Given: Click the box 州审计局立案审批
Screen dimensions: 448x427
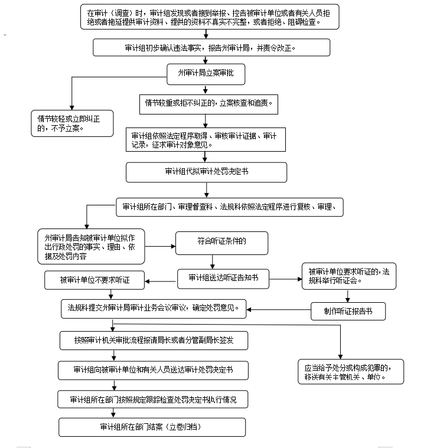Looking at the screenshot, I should click(204, 74).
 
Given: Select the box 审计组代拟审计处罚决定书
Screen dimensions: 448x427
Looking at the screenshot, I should click(206, 172).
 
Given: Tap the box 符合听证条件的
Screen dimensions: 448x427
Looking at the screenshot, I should click(221, 242).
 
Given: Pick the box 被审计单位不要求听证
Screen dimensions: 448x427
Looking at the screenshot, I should click(94, 280).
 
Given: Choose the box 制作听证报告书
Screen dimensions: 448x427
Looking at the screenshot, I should click(348, 311).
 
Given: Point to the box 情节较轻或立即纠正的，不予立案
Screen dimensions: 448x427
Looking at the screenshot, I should click(71, 122).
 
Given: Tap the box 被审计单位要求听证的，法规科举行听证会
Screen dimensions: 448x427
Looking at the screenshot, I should click(348, 276).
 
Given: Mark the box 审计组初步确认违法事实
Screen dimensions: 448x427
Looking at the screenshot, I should click(210, 47).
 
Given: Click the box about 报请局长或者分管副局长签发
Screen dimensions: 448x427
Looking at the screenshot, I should click(153, 340).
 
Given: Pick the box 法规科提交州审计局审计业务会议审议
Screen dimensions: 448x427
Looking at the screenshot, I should click(153, 308).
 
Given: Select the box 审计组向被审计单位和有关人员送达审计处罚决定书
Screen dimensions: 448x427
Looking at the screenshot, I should click(153, 369).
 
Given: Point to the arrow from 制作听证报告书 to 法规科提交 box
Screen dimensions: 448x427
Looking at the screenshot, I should click(278, 309).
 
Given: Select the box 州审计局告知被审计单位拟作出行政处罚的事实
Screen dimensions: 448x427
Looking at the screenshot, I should click(91, 246).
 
